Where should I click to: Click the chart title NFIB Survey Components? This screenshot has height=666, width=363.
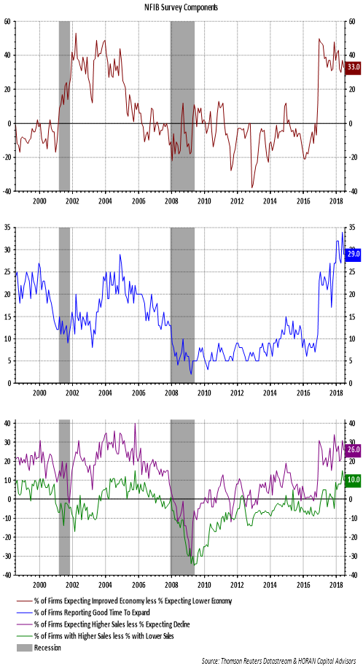181,8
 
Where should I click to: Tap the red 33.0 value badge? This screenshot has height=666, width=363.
354,67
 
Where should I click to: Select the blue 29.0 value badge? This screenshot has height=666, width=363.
354,253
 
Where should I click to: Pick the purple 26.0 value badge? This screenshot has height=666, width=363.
354,450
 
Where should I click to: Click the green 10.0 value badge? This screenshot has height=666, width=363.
354,479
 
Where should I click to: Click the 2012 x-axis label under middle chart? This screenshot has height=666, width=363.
236,392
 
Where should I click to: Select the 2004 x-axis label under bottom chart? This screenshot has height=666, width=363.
105,585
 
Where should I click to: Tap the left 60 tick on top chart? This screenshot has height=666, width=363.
9,22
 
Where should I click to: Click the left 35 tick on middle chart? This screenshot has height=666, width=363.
9,228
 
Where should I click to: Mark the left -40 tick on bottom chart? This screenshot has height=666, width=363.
7,575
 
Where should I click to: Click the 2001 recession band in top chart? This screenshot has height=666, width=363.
64,106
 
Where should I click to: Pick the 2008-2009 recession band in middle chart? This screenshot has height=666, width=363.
182,305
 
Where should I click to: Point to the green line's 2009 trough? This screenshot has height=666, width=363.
193,564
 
